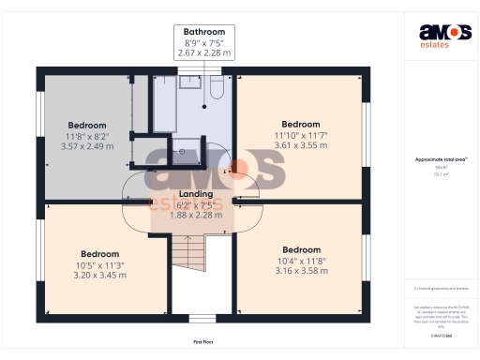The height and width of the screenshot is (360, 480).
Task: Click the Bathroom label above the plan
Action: click(x=203, y=32)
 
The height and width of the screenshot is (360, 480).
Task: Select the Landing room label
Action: click(x=196, y=194)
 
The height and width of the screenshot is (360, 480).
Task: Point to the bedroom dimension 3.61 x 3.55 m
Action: click(x=301, y=145)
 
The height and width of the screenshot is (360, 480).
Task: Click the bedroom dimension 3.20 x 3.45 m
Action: click(x=99, y=275)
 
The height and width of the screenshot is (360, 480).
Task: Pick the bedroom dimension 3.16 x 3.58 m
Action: click(x=301, y=271)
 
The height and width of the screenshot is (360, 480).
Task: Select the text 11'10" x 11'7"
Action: click(x=301, y=135)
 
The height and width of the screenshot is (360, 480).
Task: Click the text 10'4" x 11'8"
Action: click(x=301, y=261)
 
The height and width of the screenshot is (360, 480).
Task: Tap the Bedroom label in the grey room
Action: click(x=87, y=125)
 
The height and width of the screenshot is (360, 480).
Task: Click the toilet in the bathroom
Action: click(x=215, y=87)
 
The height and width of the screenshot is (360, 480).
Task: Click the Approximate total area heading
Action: click(x=439, y=159)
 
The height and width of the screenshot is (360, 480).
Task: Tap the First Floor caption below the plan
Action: click(x=205, y=342)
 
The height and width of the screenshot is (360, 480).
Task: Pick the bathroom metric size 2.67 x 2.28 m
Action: click(x=203, y=53)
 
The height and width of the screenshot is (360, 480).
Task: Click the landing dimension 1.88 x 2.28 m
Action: click(x=196, y=215)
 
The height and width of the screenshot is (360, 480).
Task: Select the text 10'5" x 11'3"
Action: click(x=99, y=264)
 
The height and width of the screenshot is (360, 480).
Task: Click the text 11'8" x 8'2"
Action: click(x=87, y=135)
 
